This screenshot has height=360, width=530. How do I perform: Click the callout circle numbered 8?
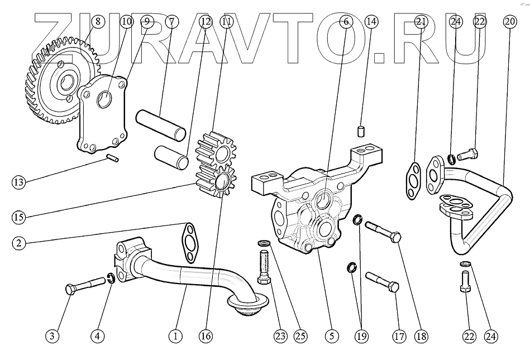tap(98, 22)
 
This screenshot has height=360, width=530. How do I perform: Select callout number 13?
tap(19, 181)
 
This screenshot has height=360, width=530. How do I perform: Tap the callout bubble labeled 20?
tap(509, 22)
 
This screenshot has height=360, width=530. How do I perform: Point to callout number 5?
tap(331, 336)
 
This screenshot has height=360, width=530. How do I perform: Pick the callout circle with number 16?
tap(206, 336)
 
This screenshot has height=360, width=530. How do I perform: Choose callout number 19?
tap(362, 336)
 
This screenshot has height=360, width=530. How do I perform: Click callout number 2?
tap(19, 243)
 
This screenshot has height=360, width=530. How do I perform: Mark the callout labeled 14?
tap(371, 22)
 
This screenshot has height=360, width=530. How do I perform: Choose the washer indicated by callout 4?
tap(112, 277)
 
